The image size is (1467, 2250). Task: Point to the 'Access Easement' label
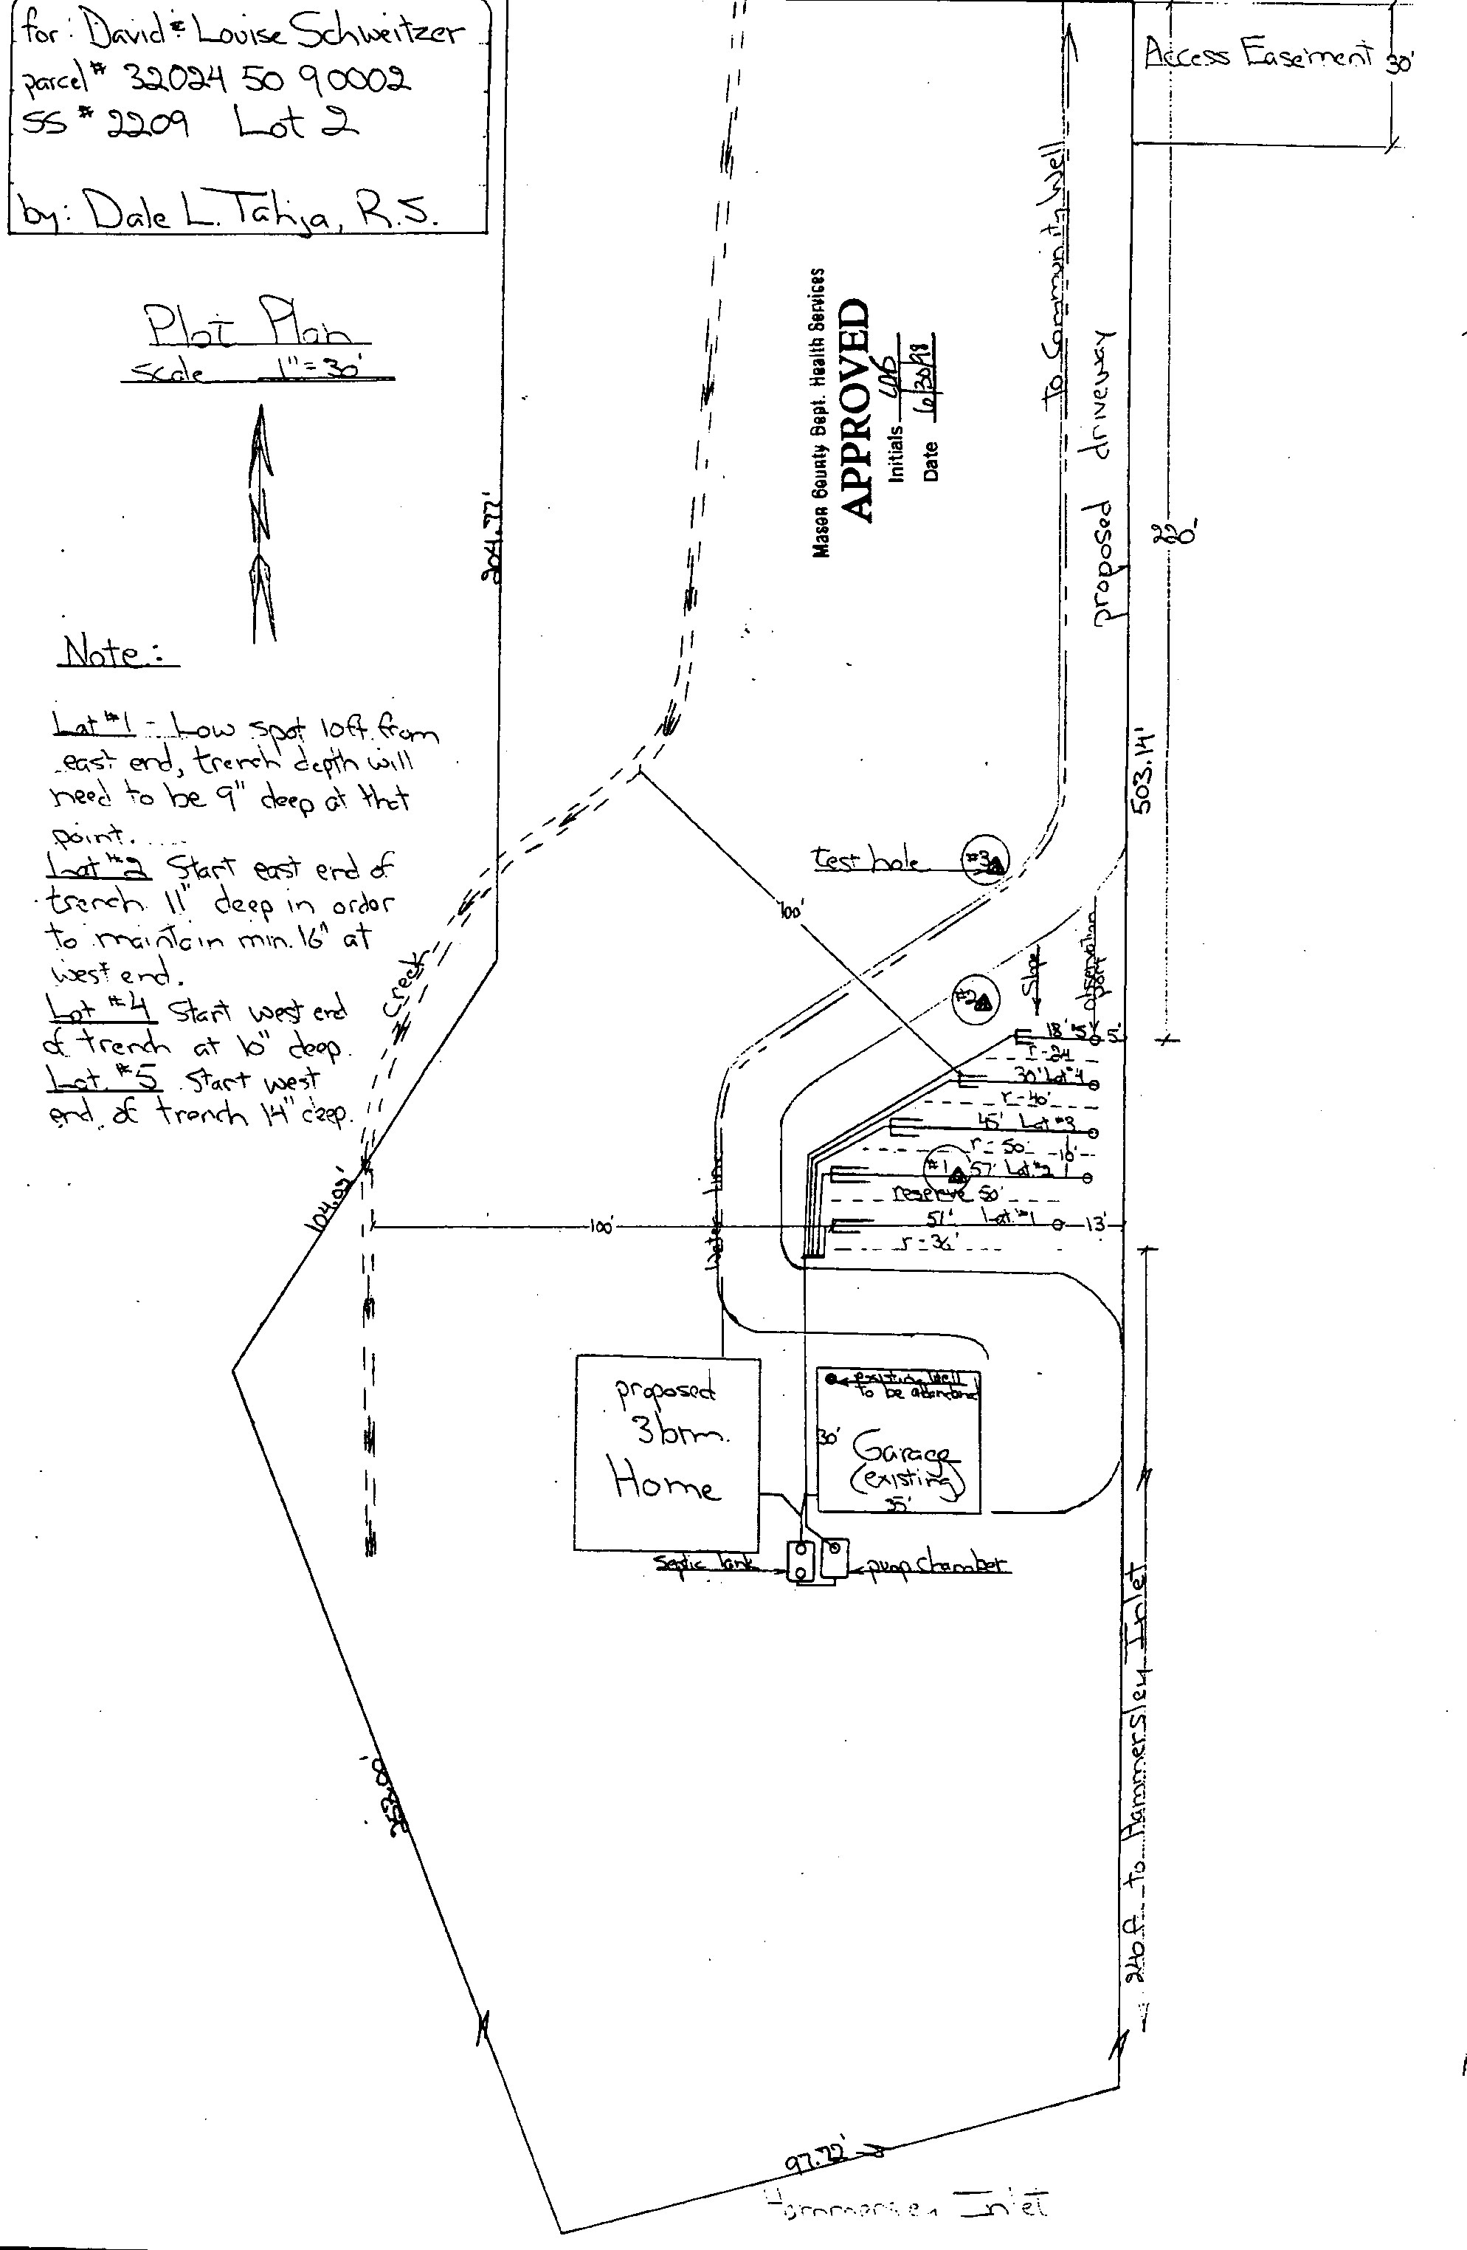coord(1258,54)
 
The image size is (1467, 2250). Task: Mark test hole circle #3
coord(985,860)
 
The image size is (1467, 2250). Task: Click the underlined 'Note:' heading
coord(117,653)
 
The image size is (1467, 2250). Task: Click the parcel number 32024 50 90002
coord(269,80)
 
